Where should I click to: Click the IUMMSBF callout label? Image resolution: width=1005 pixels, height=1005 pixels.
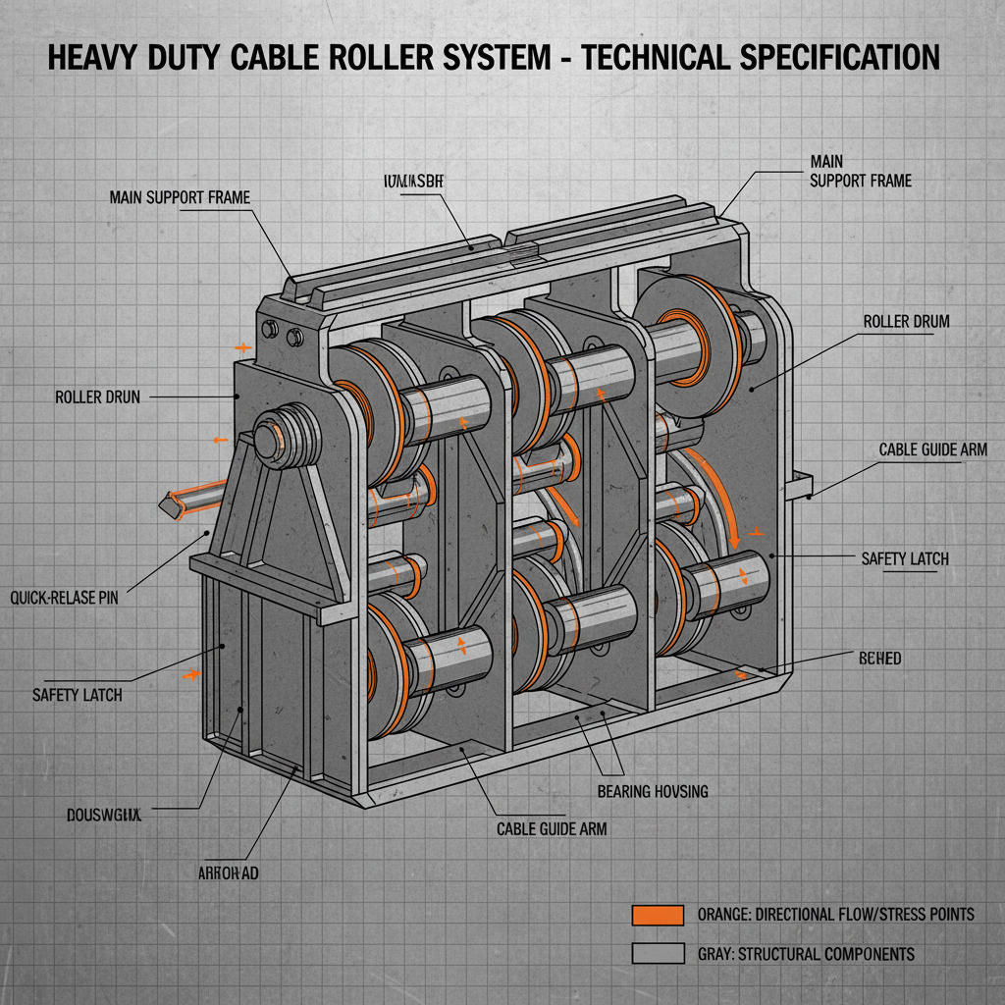pos(410,181)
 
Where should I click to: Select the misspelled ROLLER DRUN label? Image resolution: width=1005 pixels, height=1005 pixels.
pos(97,397)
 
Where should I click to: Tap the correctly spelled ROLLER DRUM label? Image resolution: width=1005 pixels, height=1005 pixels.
pos(906,321)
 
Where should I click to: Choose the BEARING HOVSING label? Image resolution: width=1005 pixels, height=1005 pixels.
pos(652,790)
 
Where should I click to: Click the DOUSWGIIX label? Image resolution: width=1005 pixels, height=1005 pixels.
pos(105,814)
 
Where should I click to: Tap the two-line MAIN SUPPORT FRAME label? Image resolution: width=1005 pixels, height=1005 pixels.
pos(861,170)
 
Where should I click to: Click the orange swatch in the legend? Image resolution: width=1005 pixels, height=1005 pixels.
pos(657,915)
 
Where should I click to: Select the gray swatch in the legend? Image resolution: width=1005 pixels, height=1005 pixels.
pos(657,953)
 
